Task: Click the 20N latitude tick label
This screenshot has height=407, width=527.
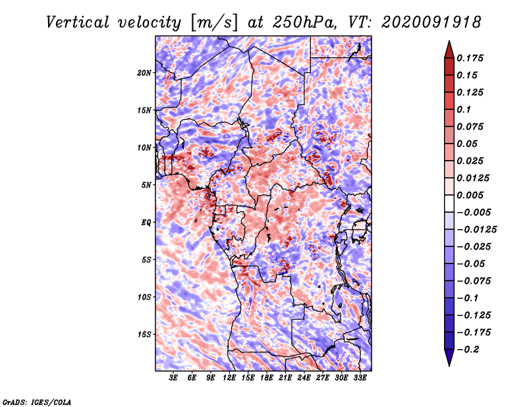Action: (144, 73)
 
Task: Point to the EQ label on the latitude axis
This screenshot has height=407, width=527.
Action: (146, 223)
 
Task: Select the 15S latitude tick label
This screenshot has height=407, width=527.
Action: (144, 335)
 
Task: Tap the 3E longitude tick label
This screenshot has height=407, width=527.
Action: (173, 378)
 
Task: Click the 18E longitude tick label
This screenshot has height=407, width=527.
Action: (266, 378)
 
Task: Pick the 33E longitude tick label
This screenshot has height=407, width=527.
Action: (360, 378)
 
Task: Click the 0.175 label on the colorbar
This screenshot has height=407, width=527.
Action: (470, 58)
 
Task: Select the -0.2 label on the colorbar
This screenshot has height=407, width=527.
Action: (468, 350)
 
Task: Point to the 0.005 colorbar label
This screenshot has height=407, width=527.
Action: (470, 195)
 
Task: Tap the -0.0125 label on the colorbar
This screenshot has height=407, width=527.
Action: (476, 230)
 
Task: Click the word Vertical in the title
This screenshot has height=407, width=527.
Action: (78, 22)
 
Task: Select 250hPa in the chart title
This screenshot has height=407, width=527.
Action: (304, 22)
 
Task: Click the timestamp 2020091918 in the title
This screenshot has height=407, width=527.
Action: (431, 22)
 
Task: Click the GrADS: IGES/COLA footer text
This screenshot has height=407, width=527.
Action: (37, 402)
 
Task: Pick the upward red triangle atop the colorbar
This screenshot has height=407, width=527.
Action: (449, 51)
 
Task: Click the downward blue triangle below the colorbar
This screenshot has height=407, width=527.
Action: (449, 357)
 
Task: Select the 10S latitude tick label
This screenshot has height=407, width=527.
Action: (144, 297)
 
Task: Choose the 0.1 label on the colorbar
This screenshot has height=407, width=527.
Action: (464, 109)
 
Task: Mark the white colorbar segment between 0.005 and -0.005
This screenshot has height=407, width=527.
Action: (449, 203)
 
